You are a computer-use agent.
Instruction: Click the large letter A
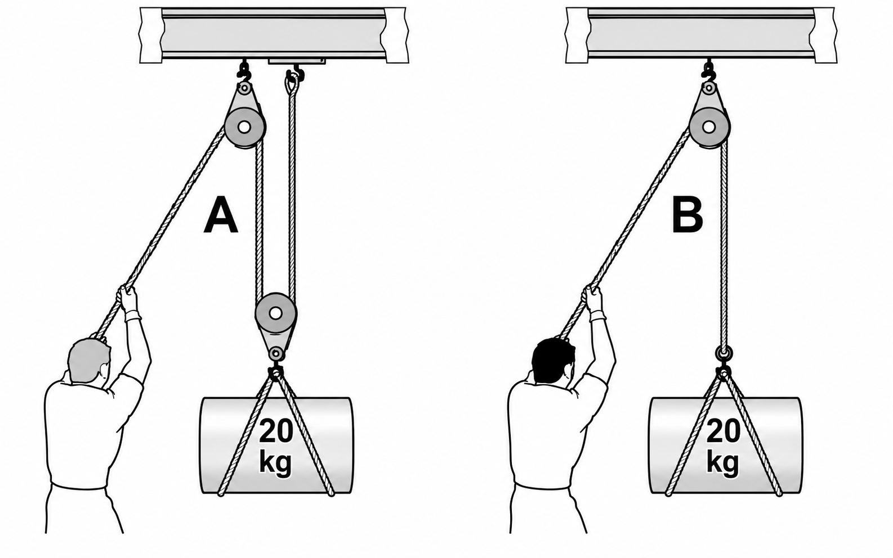click(x=221, y=215)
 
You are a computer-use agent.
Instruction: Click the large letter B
click(x=687, y=215)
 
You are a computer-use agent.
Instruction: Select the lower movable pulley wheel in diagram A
click(x=276, y=313)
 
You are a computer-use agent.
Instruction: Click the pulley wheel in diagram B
click(x=709, y=128)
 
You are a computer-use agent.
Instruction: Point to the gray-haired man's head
click(x=90, y=361)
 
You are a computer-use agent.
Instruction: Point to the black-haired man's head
click(x=553, y=361)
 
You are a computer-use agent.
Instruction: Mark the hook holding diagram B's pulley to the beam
click(x=708, y=71)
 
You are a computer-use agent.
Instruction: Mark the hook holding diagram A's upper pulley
click(x=243, y=71)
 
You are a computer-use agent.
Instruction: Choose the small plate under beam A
click(x=297, y=61)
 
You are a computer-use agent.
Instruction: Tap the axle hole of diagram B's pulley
click(x=709, y=128)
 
